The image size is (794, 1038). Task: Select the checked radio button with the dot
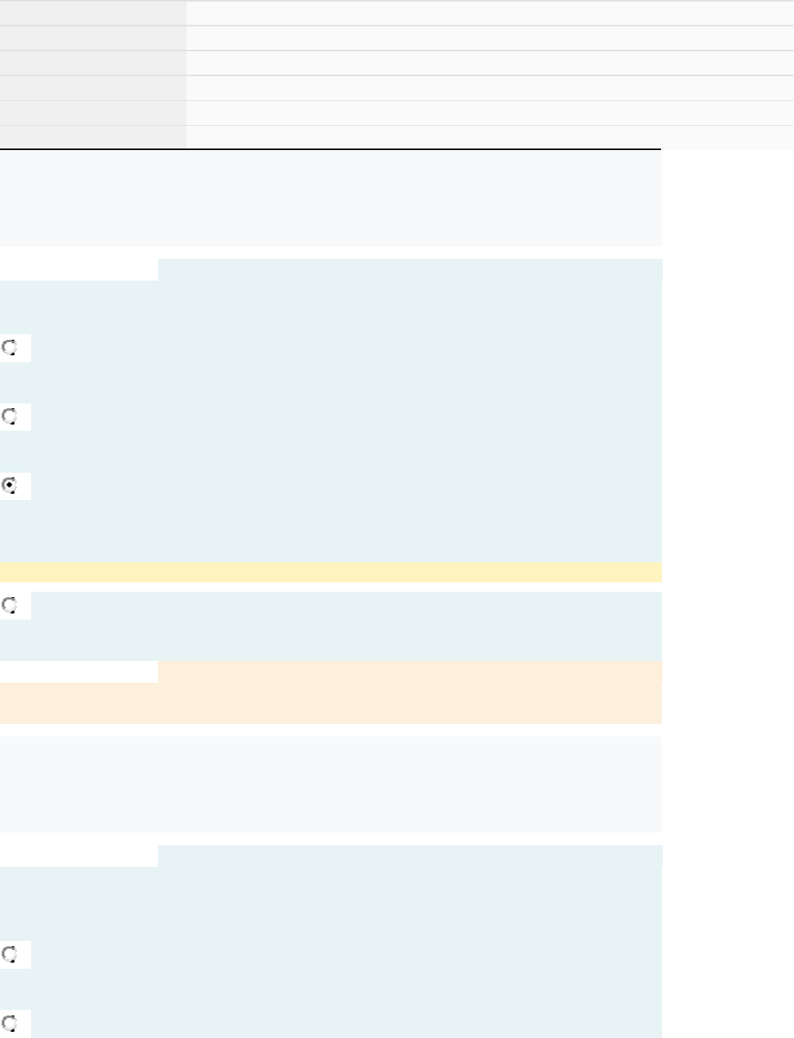[10, 486]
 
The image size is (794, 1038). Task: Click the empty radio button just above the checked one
[10, 417]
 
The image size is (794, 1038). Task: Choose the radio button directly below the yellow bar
[10, 605]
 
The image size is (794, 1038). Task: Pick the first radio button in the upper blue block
[10, 348]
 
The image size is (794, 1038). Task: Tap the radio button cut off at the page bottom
[10, 1023]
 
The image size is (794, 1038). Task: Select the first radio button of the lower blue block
[10, 954]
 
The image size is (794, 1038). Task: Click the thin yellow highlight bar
[331, 572]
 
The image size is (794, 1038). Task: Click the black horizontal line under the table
[331, 149]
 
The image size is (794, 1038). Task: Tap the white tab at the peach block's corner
[79, 672]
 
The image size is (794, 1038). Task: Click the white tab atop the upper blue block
[79, 270]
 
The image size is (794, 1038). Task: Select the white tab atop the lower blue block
[79, 856]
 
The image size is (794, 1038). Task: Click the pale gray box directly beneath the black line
[331, 199]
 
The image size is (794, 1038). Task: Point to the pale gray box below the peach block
[331, 784]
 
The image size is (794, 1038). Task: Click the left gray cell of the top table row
[93, 13]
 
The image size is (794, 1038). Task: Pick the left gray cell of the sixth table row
[93, 138]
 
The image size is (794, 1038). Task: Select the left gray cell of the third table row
[93, 63]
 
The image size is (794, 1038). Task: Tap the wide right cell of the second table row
[490, 38]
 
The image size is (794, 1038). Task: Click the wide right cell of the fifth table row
[490, 113]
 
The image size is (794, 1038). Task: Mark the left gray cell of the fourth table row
[93, 88]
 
